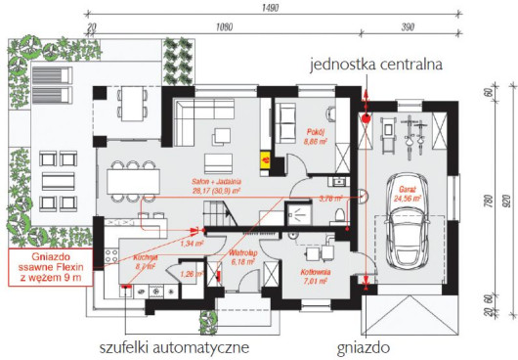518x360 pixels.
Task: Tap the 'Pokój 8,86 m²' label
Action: coord(314,138)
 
